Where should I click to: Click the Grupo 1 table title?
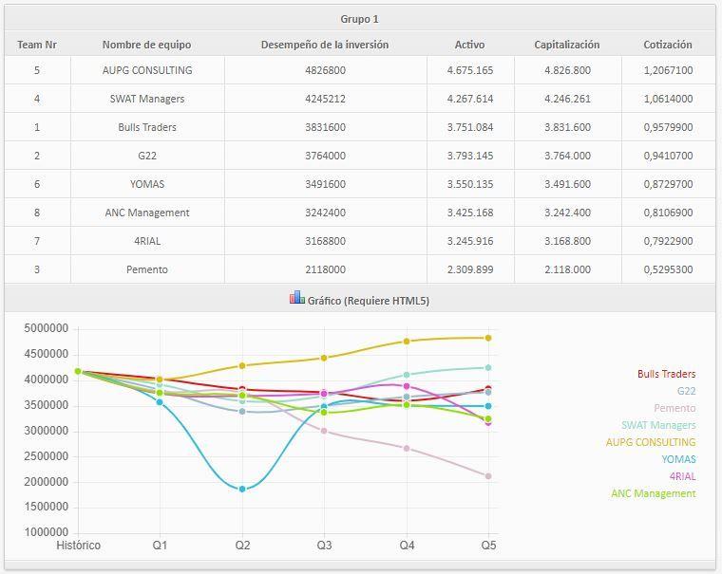point(359,19)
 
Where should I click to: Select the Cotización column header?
point(667,45)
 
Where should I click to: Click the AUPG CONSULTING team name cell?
point(147,70)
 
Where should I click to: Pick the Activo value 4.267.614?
point(469,99)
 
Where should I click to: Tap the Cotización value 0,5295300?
point(667,269)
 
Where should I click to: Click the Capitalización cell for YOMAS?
point(567,184)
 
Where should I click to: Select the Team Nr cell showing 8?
point(37,213)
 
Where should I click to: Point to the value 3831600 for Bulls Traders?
point(325,127)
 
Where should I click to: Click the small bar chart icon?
point(297,299)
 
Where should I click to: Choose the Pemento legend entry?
point(674,409)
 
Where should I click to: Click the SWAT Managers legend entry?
point(658,426)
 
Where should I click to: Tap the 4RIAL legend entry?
point(682,476)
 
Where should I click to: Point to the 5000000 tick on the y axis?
point(45,329)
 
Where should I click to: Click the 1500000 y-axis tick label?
point(45,508)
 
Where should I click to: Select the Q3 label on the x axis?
point(325,546)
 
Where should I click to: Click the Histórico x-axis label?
point(78,546)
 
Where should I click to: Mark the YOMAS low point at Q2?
point(242,489)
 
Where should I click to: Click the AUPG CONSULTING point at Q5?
point(488,338)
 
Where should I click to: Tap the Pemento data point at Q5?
point(488,476)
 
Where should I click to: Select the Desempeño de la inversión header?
point(325,45)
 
